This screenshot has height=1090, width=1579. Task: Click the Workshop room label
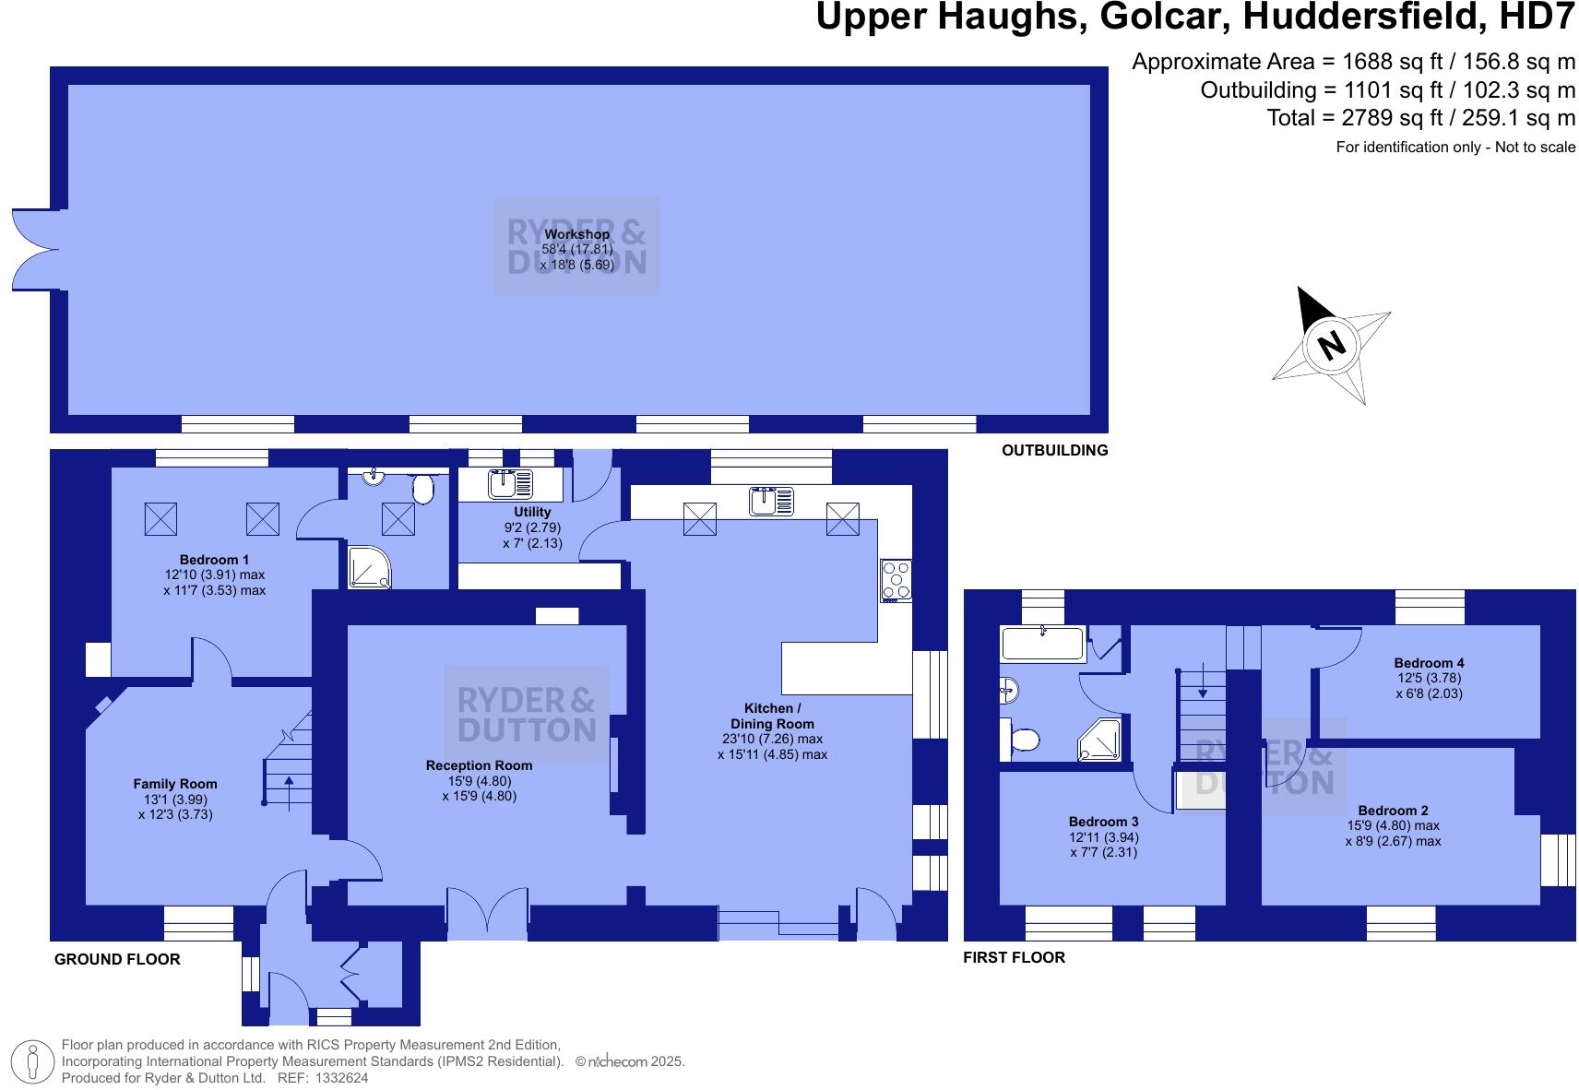click(x=576, y=234)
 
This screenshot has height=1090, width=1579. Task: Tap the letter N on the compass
click(x=1332, y=346)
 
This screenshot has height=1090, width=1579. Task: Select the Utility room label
click(x=532, y=512)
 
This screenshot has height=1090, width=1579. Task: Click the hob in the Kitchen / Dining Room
click(x=896, y=580)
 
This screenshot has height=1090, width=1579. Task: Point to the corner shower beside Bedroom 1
click(x=370, y=565)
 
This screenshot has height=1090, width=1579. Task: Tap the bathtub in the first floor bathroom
click(x=1043, y=643)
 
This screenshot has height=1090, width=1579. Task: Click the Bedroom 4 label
click(x=1429, y=663)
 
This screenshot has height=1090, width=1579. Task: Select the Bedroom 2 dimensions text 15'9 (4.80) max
click(x=1393, y=826)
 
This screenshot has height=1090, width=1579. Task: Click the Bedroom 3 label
click(x=1103, y=822)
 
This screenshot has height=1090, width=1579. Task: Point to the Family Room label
click(x=175, y=785)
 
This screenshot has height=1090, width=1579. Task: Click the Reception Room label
click(x=479, y=765)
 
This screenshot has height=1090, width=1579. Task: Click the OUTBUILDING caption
click(x=1054, y=451)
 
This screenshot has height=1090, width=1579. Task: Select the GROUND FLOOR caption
click(x=117, y=959)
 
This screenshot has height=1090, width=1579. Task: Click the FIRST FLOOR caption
click(x=1014, y=957)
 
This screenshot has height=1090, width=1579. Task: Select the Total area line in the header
click(x=1420, y=118)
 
